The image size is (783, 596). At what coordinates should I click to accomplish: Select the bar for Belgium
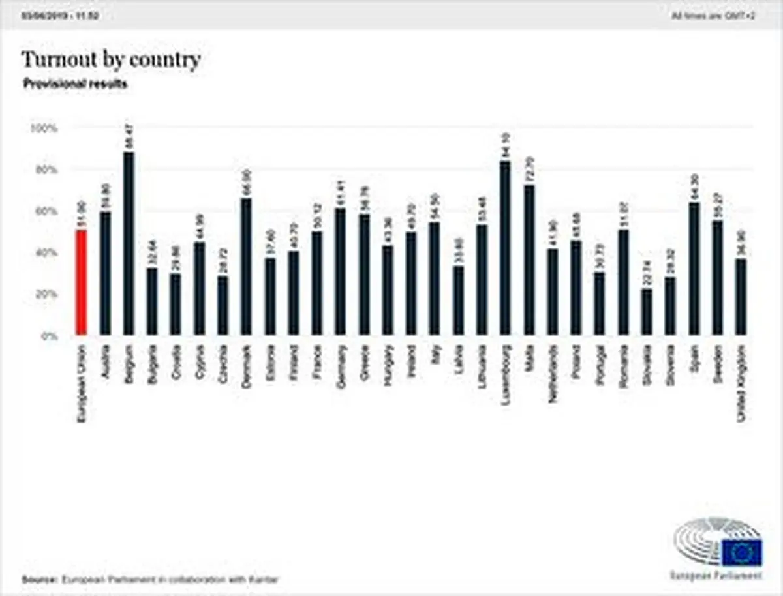129,244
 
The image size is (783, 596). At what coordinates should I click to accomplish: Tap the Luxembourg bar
505,248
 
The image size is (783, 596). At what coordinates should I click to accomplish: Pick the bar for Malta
529,260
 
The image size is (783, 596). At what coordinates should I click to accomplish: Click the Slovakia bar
646,312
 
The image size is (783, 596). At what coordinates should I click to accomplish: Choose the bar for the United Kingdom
741,297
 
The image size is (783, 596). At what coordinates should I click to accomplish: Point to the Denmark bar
246,267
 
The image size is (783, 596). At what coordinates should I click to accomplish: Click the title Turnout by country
111,60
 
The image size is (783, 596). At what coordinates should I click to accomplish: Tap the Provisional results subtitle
75,84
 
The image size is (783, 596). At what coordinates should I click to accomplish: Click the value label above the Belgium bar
129,138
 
